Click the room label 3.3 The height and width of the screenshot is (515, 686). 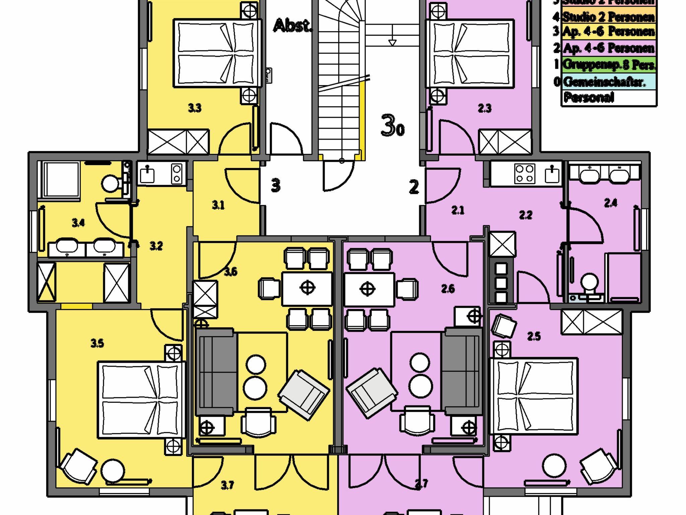[195, 108]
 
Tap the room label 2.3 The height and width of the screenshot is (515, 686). [484, 108]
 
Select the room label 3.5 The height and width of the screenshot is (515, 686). [97, 343]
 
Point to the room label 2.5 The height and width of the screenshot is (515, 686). [534, 336]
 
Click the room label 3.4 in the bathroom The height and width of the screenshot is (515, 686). [78, 223]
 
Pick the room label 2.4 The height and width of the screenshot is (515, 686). [610, 203]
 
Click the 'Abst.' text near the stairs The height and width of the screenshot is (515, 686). [292, 26]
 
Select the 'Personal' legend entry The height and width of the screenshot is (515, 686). [589, 97]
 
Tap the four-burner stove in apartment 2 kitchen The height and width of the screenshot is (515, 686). [525, 173]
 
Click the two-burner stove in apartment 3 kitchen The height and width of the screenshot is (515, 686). [177, 173]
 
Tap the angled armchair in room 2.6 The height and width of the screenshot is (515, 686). [371, 392]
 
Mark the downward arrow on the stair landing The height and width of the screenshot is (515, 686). [392, 43]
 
